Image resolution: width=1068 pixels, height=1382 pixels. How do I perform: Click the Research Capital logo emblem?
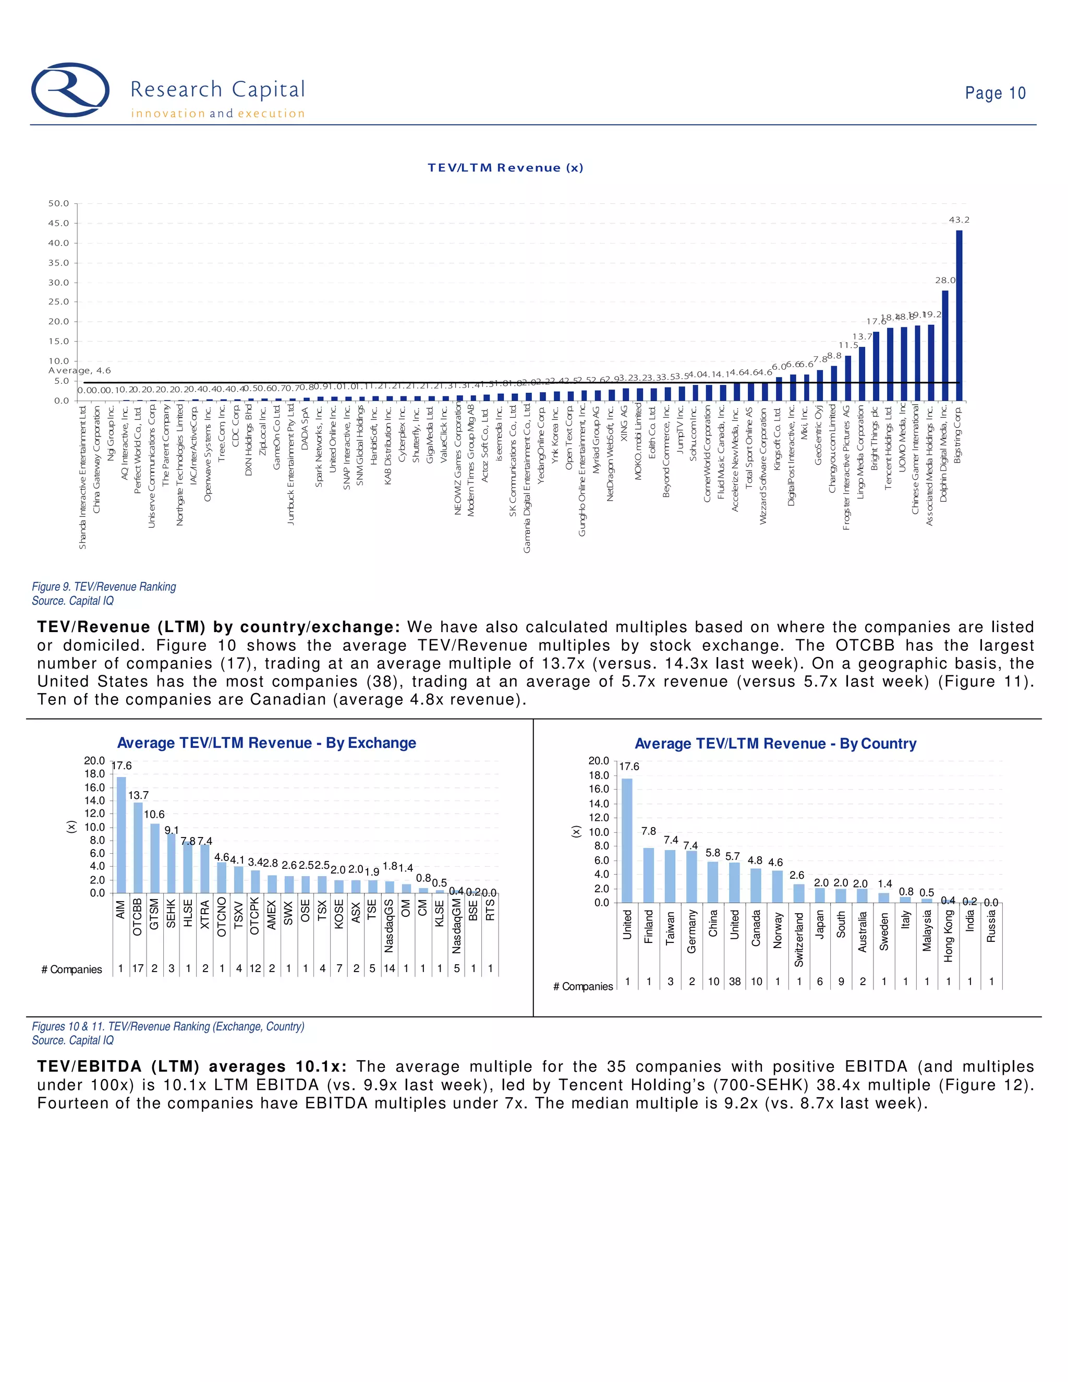pyautogui.click(x=70, y=90)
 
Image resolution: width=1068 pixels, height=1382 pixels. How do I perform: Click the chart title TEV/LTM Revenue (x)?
pyautogui.click(x=505, y=168)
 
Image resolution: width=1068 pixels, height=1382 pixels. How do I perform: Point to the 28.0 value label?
pyautogui.click(x=945, y=281)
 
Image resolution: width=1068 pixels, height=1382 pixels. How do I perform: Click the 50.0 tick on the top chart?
pyautogui.click(x=59, y=204)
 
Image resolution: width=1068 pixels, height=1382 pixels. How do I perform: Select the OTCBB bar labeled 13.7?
pyautogui.click(x=138, y=847)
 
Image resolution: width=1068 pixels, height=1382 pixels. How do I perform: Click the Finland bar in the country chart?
pyautogui.click(x=649, y=875)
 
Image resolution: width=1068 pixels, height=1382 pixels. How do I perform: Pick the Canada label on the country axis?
pyautogui.click(x=756, y=928)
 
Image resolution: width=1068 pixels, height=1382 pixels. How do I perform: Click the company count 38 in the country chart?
pyautogui.click(x=735, y=981)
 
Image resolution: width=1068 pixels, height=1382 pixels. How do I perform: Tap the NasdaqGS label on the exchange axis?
pyautogui.click(x=389, y=926)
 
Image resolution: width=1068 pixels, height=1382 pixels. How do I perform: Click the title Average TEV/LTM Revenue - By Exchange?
pyautogui.click(x=266, y=743)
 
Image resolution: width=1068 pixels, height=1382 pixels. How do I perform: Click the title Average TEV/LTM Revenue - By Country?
pyautogui.click(x=775, y=744)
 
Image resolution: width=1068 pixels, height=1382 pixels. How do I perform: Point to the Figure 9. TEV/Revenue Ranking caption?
pyautogui.click(x=104, y=587)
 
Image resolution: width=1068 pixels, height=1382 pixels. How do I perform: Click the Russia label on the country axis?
pyautogui.click(x=991, y=926)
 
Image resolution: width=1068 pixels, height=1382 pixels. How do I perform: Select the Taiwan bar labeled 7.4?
pyautogui.click(x=670, y=877)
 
